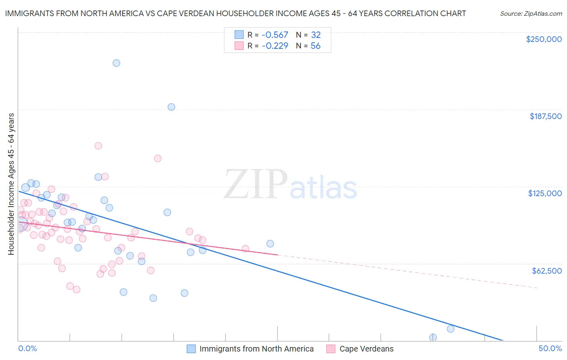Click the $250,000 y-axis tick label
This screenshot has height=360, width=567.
pyautogui.click(x=544, y=39)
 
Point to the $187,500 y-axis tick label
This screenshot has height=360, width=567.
pyautogui.click(x=545, y=116)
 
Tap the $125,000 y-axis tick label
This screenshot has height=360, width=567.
pyautogui.click(x=545, y=193)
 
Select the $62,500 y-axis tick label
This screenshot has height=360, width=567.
pyautogui.click(x=546, y=271)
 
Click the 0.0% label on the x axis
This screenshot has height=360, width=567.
pyautogui.click(x=27, y=348)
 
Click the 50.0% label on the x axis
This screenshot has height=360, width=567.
pyautogui.click(x=550, y=348)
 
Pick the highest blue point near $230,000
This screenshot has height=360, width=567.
pyautogui.click(x=116, y=63)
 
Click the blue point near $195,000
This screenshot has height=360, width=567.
pyautogui.click(x=171, y=107)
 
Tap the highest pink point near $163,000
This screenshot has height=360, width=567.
pyautogui.click(x=98, y=146)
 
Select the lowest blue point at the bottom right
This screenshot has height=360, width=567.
pyautogui.click(x=433, y=337)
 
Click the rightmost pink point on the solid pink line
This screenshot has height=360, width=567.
pyautogui.click(x=246, y=249)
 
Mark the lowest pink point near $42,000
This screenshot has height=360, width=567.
pyautogui.click(x=76, y=289)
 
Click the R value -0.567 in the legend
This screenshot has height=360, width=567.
pyautogui.click(x=275, y=35)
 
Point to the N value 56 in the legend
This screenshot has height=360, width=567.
pyautogui.click(x=315, y=46)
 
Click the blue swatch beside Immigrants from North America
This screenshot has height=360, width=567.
pyautogui.click(x=191, y=349)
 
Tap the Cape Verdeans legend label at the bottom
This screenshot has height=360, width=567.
pyautogui.click(x=366, y=349)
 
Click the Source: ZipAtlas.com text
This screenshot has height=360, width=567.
pyautogui.click(x=531, y=14)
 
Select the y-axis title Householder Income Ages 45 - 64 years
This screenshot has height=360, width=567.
pyautogui.click(x=11, y=184)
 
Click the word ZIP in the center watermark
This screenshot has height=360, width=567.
pyautogui.click(x=255, y=184)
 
